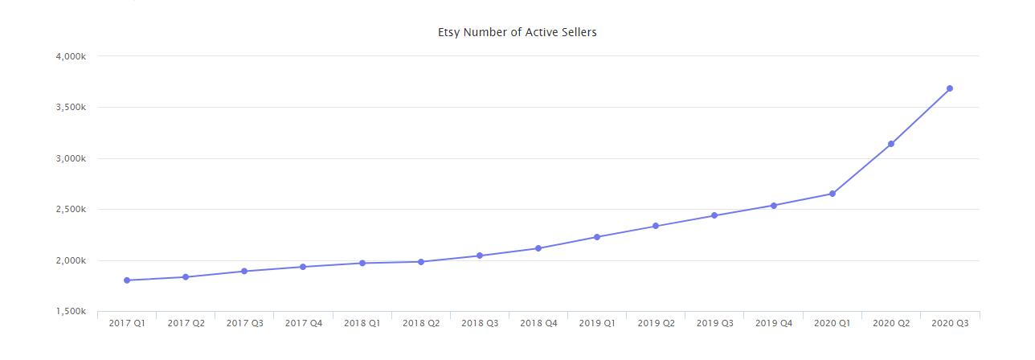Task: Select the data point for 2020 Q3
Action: (950, 88)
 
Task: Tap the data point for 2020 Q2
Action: (891, 144)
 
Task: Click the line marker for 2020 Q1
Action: (832, 194)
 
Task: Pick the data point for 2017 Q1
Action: (127, 280)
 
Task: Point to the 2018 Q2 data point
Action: (421, 262)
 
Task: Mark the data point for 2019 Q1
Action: (597, 237)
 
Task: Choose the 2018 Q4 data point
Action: (538, 248)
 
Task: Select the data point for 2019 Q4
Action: (774, 206)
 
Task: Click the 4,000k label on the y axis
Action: (72, 56)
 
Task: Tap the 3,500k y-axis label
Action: (72, 108)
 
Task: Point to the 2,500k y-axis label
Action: (72, 210)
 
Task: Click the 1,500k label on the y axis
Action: (72, 312)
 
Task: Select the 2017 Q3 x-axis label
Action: (244, 323)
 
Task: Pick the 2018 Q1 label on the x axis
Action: (362, 323)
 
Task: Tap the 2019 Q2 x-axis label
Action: (656, 323)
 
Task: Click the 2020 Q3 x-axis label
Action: (950, 323)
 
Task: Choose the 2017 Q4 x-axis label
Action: (304, 323)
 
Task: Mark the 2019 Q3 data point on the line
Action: (714, 215)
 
